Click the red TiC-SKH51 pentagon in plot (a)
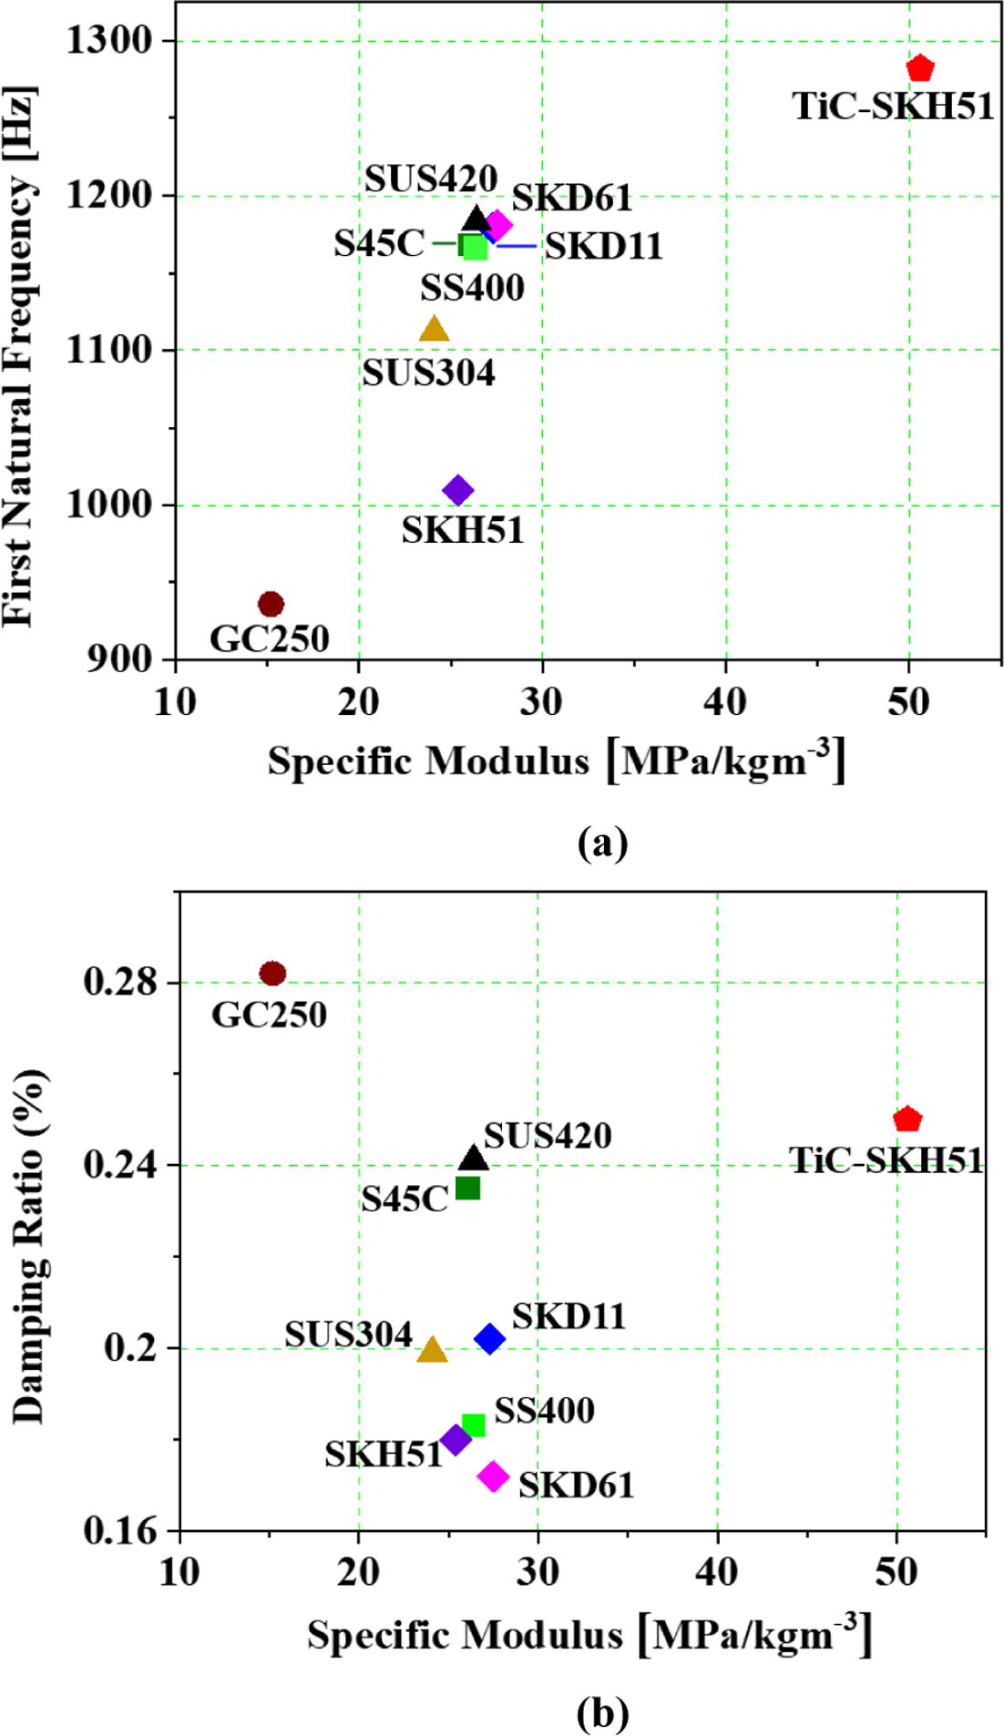coord(920,68)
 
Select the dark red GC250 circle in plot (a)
coord(271,603)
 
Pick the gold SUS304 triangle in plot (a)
coord(435,330)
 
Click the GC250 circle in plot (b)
coord(272,973)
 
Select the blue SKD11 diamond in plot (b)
coord(489,1338)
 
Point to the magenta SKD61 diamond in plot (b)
coord(493,1476)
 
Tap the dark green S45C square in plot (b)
coord(467,1188)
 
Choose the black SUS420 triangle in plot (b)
coord(474,1158)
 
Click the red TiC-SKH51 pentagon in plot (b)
coord(907,1119)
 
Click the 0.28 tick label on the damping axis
coord(119,982)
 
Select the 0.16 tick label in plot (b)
coord(119,1531)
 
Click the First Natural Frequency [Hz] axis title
coord(20,355)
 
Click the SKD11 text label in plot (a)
coord(603,246)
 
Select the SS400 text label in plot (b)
coord(544,1411)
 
